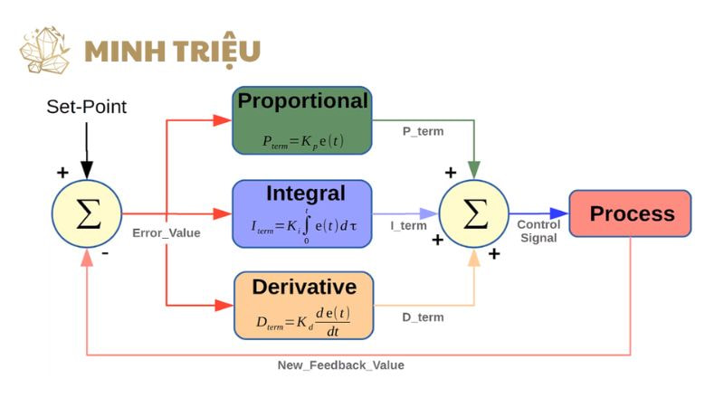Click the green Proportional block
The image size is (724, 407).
pyautogui.click(x=302, y=120)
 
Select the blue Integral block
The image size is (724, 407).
pyautogui.click(x=302, y=213)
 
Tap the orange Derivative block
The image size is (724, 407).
pyautogui.click(x=303, y=305)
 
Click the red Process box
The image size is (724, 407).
pyautogui.click(x=630, y=214)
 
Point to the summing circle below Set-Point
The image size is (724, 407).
pyautogui.click(x=87, y=214)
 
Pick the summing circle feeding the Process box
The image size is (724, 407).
pyautogui.click(x=474, y=214)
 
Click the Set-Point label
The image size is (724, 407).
pyautogui.click(x=87, y=108)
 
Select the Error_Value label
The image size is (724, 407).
pyautogui.click(x=166, y=233)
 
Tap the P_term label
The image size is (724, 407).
pyautogui.click(x=423, y=132)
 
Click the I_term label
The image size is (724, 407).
pyautogui.click(x=409, y=226)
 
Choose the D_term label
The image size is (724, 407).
pyautogui.click(x=423, y=317)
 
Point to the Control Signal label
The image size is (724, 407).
pyautogui.click(x=539, y=232)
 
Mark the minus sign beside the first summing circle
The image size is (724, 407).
pyautogui.click(x=106, y=254)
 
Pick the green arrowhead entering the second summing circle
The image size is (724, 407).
pyautogui.click(x=474, y=169)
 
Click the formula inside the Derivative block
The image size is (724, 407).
pyautogui.click(x=302, y=319)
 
